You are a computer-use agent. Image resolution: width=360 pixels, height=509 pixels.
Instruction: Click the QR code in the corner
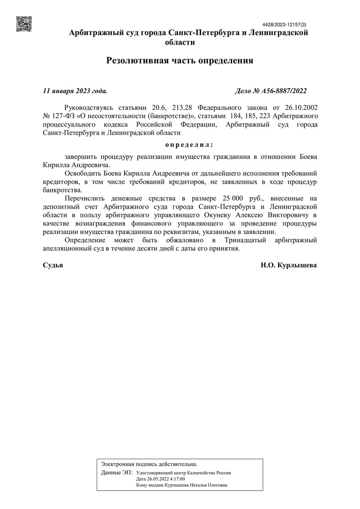pos(24,24)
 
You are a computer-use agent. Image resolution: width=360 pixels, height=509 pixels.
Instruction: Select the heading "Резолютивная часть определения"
pos(180,60)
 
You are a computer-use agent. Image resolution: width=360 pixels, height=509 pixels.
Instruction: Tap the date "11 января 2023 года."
pos(75,91)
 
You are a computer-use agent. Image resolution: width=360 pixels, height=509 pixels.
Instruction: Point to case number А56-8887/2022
pos(283,91)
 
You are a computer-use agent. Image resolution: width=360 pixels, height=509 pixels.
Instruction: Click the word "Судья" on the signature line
pos(53,266)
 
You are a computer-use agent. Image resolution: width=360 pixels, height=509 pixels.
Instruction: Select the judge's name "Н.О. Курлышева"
pos(288,266)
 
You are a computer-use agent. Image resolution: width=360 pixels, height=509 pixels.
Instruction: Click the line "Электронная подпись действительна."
pos(149,464)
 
